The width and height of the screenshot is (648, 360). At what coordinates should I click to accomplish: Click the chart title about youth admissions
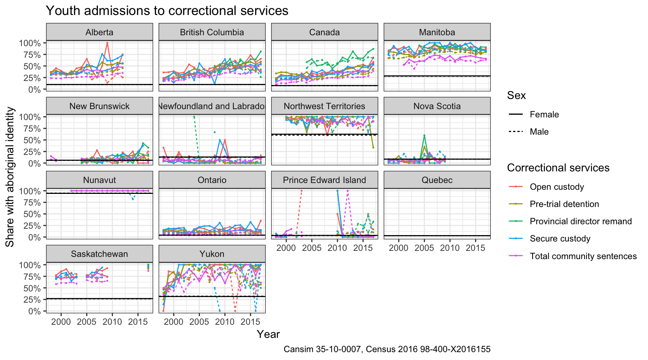pos(167,10)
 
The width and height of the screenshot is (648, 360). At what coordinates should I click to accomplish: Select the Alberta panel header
pos(99,32)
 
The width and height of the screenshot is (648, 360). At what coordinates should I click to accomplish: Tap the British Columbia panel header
pos(212,32)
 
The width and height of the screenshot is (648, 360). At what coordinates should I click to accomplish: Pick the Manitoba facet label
pos(437,32)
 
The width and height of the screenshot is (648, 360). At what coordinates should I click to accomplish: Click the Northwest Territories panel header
pos(324,106)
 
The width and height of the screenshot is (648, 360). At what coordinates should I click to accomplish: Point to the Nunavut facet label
pos(99,180)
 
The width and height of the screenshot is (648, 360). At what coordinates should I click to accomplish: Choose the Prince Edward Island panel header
pos(324,180)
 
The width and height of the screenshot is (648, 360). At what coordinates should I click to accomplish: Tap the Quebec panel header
pos(437,180)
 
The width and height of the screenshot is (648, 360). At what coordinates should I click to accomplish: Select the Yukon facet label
pos(212,254)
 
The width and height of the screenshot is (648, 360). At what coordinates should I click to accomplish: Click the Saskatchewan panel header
pos(99,254)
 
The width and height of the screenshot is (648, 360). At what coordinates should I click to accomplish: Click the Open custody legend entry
pos(556,187)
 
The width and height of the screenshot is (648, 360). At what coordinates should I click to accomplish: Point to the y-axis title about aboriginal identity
pos(10,177)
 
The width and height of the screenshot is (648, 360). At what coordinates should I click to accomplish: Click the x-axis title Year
pos(268,334)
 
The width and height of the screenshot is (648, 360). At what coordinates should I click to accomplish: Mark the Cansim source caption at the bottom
pos(387,349)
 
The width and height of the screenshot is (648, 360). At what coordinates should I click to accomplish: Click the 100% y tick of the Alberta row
pos(30,43)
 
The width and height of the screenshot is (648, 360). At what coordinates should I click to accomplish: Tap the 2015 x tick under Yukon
pos(250,321)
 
